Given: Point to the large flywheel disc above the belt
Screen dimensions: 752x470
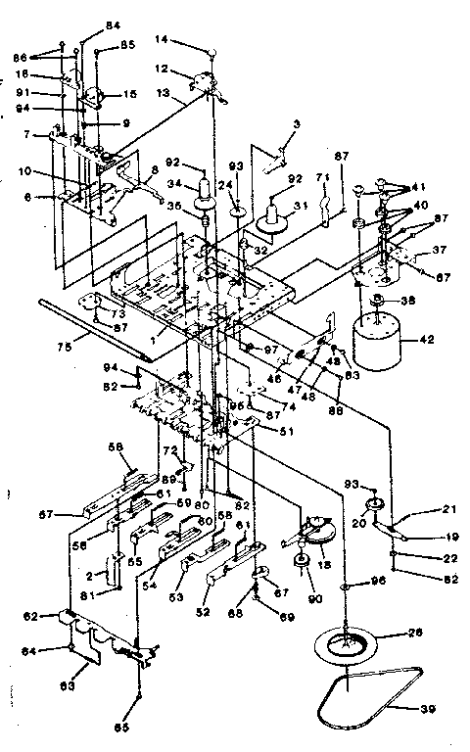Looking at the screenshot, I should coord(347,646).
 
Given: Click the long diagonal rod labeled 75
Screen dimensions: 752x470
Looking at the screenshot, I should coord(98,328).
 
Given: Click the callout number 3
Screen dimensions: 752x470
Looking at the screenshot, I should coord(295,126).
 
